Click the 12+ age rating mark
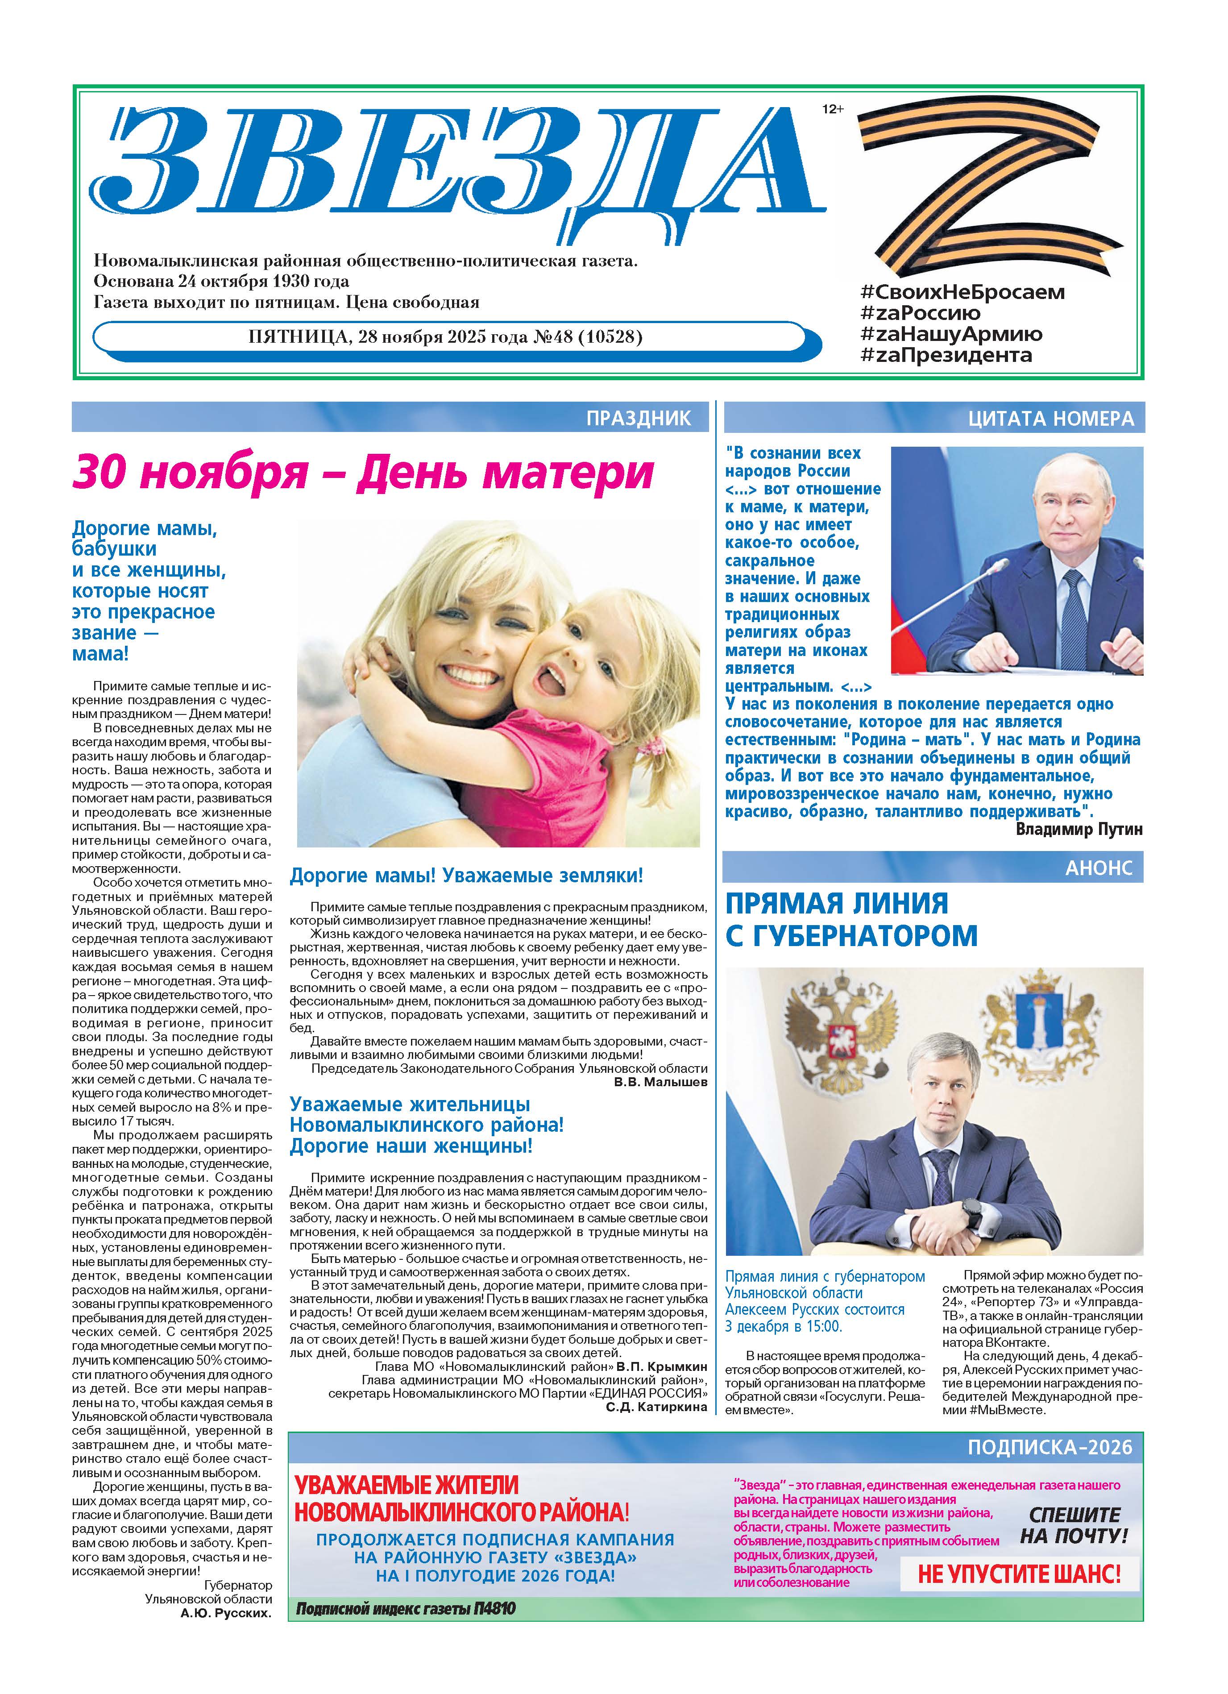point(832,109)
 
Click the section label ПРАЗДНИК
point(639,418)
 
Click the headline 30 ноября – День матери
point(363,473)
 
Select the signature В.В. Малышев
point(660,1082)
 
